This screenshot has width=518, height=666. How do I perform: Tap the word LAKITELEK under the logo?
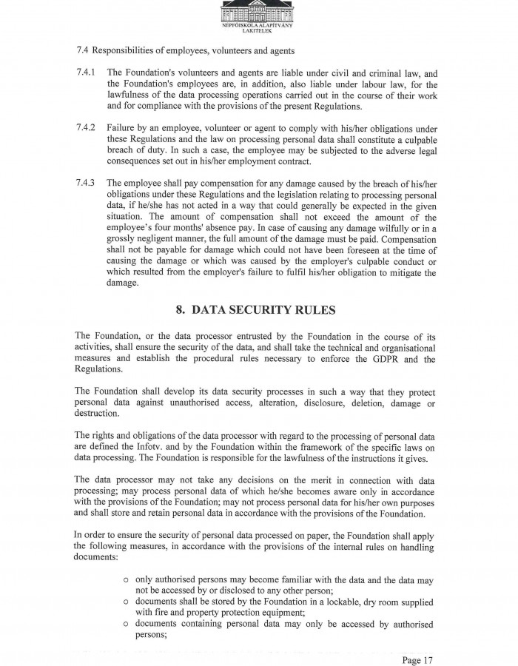258,32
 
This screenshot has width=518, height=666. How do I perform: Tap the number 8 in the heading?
181,310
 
